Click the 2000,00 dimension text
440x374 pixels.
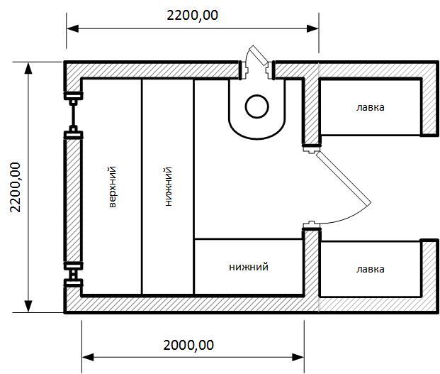pos(188,345)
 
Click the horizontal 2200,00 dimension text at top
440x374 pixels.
pos(192,15)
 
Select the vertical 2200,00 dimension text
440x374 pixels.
pos(15,187)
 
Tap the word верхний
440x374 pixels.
pos(113,187)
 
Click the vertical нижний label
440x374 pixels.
pos(169,187)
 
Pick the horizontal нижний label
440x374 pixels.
pos(249,267)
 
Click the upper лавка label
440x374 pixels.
pos(370,107)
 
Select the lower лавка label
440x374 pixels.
pos(370,269)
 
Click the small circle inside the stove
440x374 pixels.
pos(256,106)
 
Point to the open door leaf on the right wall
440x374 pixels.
pos(344,178)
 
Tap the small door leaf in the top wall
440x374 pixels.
pos(259,55)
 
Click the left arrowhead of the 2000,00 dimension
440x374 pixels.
pos(88,358)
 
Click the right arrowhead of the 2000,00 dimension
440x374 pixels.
pos(298,358)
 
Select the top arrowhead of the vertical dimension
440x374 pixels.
pos(28,68)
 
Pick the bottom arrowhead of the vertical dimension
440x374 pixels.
pos(28,307)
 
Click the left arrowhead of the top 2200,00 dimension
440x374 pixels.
pos(73,28)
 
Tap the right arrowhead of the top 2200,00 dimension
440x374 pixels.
pos(312,28)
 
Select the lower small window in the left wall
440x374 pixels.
pos(73,274)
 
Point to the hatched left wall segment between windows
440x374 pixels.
pos(73,201)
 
